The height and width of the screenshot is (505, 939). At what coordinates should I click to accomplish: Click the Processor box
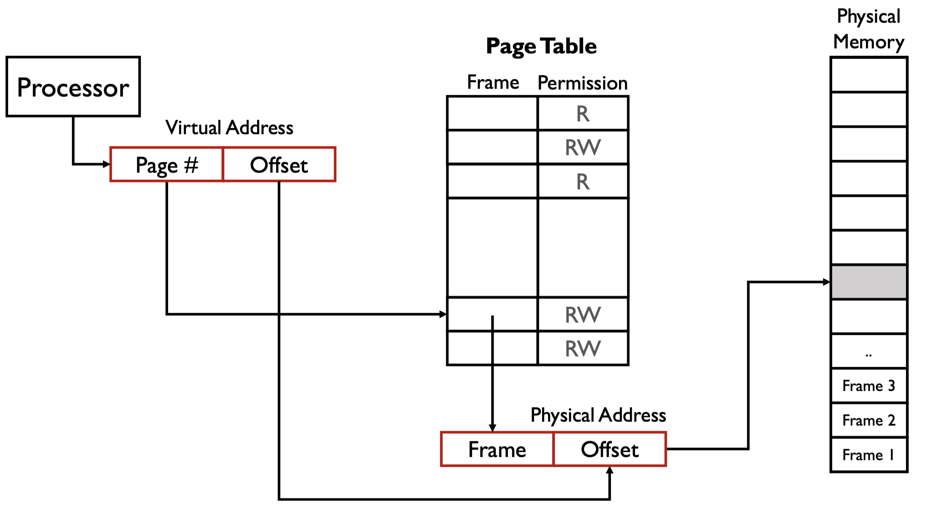click(73, 87)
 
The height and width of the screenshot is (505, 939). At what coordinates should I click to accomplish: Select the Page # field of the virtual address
click(167, 164)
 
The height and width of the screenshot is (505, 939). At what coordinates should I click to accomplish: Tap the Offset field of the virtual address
click(279, 164)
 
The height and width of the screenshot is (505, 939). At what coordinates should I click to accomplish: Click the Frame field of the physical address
click(497, 449)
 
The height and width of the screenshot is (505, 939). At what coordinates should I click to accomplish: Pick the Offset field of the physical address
click(610, 449)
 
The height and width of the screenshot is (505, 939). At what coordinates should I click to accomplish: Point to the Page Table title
click(541, 46)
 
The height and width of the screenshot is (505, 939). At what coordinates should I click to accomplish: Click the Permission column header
click(583, 83)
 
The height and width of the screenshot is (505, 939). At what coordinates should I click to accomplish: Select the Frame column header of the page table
click(493, 82)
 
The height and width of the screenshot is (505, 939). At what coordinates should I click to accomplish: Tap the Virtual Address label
click(229, 127)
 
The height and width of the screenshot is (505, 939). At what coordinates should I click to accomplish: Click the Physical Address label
click(598, 415)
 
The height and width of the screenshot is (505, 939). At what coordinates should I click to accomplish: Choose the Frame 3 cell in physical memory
click(869, 386)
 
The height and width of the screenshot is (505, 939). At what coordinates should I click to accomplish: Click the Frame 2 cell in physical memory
click(869, 420)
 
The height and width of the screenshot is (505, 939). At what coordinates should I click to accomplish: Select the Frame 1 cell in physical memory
click(869, 455)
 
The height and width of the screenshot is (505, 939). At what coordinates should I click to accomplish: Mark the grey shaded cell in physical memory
click(869, 282)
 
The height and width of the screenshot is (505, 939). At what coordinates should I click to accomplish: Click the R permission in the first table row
click(583, 114)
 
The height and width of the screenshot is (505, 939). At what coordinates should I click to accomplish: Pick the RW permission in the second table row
click(583, 148)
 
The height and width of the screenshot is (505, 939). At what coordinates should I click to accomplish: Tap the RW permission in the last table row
click(583, 348)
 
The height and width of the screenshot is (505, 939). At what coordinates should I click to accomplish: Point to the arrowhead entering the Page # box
click(106, 164)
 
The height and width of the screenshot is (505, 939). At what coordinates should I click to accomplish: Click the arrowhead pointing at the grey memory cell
click(826, 282)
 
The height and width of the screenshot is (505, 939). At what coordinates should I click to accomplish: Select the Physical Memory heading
click(869, 29)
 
